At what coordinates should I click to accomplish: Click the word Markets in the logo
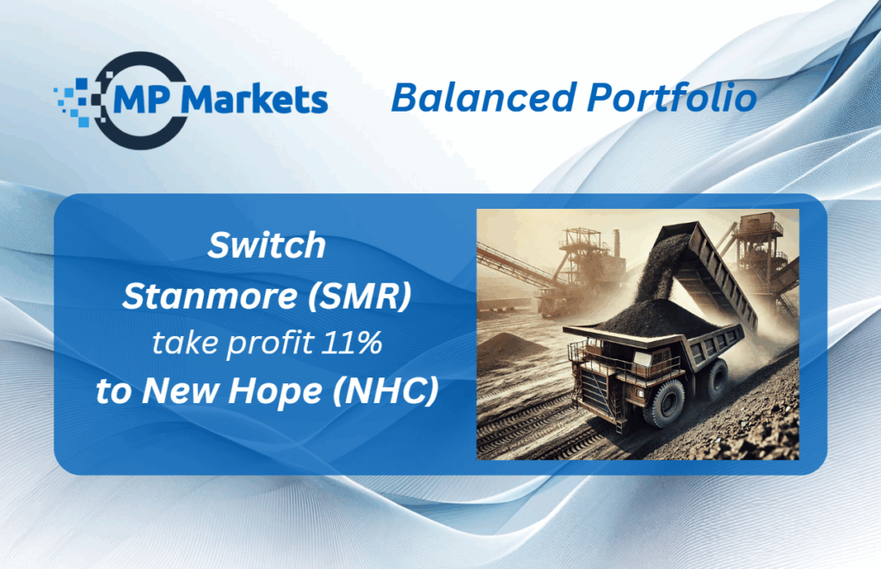pos(255,100)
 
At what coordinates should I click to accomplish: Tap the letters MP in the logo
pos(142,100)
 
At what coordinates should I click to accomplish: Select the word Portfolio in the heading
pos(672,97)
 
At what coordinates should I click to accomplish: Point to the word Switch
pos(267,245)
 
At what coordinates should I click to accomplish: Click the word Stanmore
pos(210,296)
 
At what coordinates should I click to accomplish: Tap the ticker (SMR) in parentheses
pos(360,297)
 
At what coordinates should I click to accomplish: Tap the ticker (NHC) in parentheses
pos(385,390)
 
